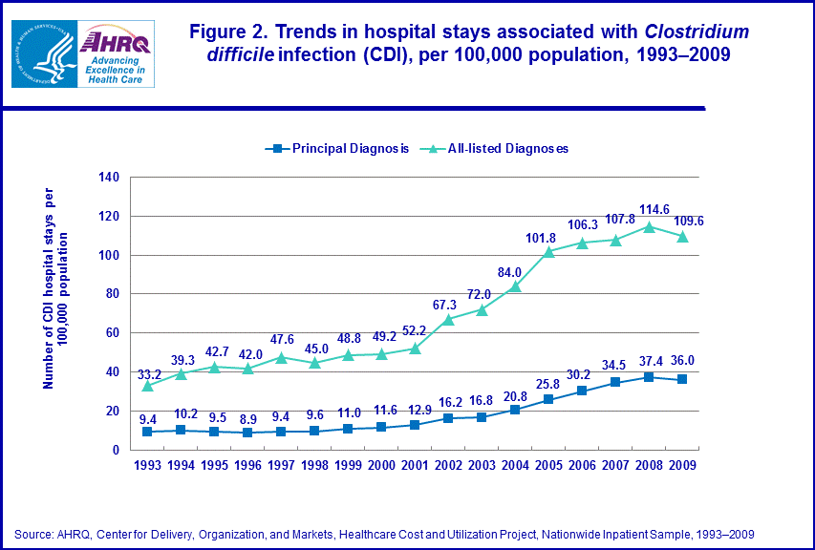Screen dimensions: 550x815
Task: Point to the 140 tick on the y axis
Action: pyautogui.click(x=108, y=178)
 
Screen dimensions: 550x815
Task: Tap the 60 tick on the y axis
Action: pyautogui.click(x=112, y=333)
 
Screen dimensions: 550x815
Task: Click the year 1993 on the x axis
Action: pyautogui.click(x=146, y=465)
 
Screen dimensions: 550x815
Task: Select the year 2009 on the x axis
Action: pyautogui.click(x=681, y=465)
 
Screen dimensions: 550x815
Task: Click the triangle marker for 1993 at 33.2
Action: pyautogui.click(x=146, y=385)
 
